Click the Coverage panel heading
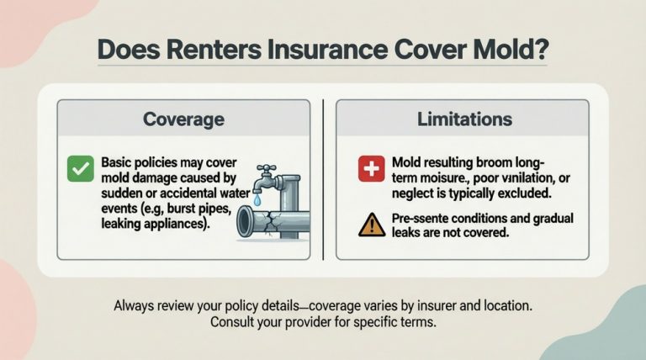pyautogui.click(x=183, y=119)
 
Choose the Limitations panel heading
pyautogui.click(x=464, y=119)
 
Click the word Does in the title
pyautogui.click(x=124, y=48)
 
